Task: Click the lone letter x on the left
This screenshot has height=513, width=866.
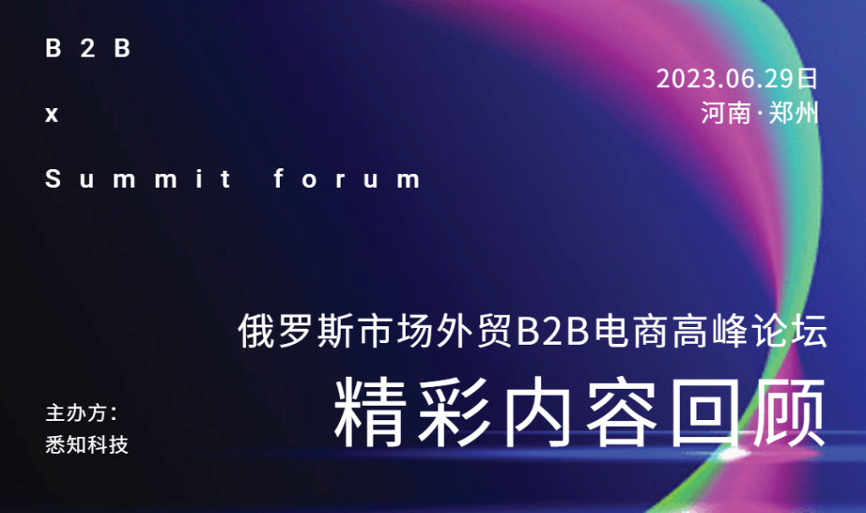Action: tap(52, 114)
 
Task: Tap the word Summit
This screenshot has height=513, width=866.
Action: tap(138, 178)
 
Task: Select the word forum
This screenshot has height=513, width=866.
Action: tap(347, 178)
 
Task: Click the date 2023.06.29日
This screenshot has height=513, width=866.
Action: tap(737, 79)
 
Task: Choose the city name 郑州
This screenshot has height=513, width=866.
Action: tap(793, 113)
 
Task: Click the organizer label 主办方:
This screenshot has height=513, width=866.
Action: tap(81, 413)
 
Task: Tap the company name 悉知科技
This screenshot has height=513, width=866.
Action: tap(87, 445)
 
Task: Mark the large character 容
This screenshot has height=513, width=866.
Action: tap(622, 412)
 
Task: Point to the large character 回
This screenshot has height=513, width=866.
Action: tap(704, 412)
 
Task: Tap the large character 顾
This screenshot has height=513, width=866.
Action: tap(789, 412)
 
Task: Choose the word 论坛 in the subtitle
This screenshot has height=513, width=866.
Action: tap(790, 330)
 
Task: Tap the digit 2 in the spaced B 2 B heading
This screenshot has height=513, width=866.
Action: tap(88, 48)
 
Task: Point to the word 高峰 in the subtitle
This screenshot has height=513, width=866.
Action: tap(710, 330)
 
